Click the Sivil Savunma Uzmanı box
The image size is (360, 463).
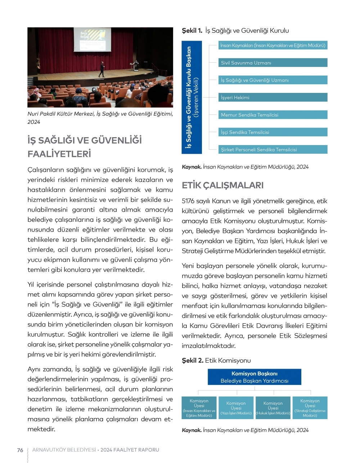click(273, 63)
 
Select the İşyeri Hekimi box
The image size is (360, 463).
click(273, 98)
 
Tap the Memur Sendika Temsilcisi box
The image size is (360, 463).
click(273, 115)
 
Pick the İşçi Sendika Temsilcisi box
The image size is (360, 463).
click(273, 132)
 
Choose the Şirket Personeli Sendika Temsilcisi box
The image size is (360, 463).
click(273, 149)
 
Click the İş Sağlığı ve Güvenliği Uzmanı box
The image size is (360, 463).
click(273, 80)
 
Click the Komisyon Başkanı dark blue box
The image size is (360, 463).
click(254, 377)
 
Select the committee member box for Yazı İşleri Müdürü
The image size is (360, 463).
click(236, 408)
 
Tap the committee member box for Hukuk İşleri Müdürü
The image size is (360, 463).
click(273, 408)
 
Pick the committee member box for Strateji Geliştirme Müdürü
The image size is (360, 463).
click(310, 408)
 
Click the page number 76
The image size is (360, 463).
click(20, 450)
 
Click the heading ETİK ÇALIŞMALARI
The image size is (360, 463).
click(222, 185)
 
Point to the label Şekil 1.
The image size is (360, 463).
click(192, 31)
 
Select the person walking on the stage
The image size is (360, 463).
click(102, 69)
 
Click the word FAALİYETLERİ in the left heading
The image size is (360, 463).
click(59, 154)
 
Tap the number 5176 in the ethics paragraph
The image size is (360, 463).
click(189, 201)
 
